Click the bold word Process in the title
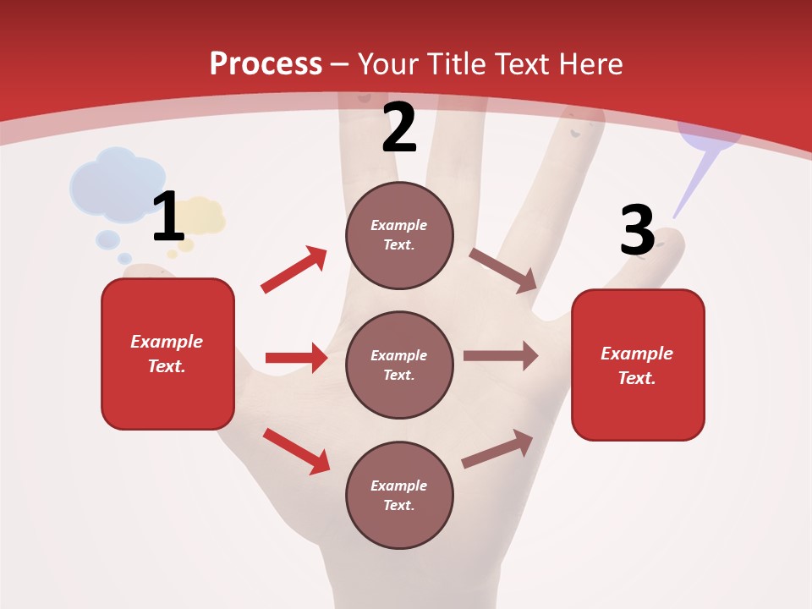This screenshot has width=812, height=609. (266, 64)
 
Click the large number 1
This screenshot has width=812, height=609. (168, 217)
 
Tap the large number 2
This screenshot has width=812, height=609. (399, 128)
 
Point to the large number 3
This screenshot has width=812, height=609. (637, 231)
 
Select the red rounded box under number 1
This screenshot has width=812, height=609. (167, 354)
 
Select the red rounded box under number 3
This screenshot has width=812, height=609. (638, 365)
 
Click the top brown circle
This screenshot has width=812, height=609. (399, 235)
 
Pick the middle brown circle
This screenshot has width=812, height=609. (399, 365)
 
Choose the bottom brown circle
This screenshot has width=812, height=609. (399, 495)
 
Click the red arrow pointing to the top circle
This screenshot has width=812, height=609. (294, 270)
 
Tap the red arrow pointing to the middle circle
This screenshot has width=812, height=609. (296, 358)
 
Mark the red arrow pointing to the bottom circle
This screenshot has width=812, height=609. (297, 451)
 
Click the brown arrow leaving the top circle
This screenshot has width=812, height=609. (503, 271)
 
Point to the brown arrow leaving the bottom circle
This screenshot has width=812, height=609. (498, 448)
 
